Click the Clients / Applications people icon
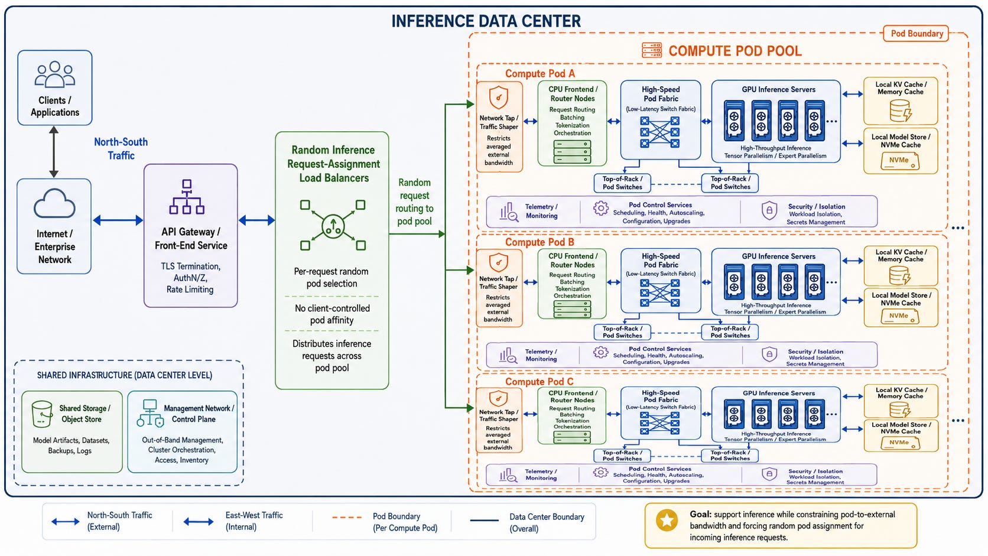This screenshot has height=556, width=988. (x=55, y=74)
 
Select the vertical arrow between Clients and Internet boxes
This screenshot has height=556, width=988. (x=54, y=152)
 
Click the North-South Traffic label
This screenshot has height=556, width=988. (x=121, y=148)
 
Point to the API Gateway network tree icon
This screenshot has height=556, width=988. (x=187, y=197)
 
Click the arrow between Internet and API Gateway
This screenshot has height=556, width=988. (x=118, y=220)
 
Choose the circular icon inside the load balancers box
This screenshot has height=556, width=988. (x=333, y=226)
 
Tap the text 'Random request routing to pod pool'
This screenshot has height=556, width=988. (x=414, y=201)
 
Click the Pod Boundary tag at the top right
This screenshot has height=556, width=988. (x=916, y=34)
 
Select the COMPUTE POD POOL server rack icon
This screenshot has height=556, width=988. (x=651, y=50)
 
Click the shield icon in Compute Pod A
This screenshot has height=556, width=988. (x=499, y=97)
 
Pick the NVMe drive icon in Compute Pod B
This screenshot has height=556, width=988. (x=900, y=317)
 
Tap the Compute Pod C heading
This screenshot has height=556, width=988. (x=539, y=381)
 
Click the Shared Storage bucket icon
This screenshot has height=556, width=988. (x=42, y=414)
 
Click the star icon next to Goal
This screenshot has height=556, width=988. (x=667, y=521)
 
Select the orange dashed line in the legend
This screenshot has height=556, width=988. (x=347, y=517)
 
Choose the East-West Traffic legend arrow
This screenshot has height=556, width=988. (x=199, y=522)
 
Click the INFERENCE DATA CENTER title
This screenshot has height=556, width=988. (x=486, y=21)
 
